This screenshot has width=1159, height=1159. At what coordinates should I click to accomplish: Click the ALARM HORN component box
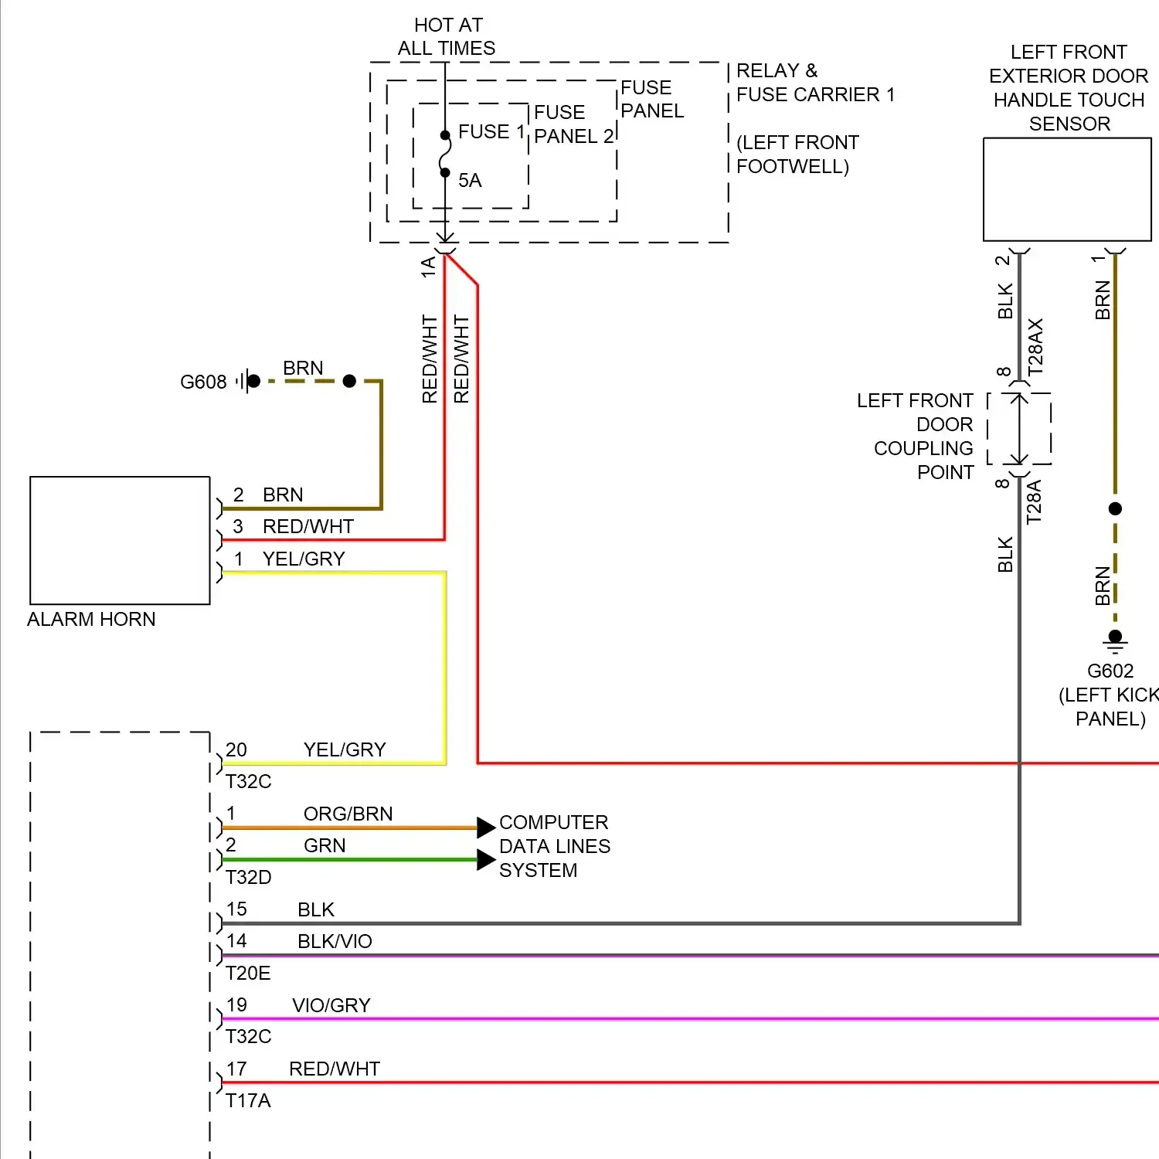[x=120, y=540]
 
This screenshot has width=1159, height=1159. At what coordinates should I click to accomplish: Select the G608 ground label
[x=203, y=382]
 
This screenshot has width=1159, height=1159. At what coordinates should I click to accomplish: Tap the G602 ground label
[x=1110, y=671]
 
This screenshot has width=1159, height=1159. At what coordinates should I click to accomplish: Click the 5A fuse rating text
[x=470, y=181]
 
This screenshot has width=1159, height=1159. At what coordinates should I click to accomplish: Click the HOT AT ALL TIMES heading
[x=447, y=37]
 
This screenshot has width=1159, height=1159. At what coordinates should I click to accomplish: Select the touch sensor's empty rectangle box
[x=1067, y=189]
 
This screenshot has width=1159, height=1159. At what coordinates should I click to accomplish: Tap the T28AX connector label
[x=1035, y=347]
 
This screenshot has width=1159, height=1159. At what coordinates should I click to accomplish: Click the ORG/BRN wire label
[x=348, y=814]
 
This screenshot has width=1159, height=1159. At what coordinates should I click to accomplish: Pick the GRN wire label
[x=325, y=846]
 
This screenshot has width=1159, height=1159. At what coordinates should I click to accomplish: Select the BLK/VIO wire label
[x=335, y=941]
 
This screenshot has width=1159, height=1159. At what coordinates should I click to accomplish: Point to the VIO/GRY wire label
[x=331, y=1005]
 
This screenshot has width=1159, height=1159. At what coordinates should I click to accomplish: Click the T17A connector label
[x=248, y=1101]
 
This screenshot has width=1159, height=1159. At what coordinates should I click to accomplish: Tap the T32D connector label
[x=248, y=878]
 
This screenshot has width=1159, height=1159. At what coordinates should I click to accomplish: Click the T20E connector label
[x=248, y=974]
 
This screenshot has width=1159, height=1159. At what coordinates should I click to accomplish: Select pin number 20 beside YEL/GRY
[x=236, y=749]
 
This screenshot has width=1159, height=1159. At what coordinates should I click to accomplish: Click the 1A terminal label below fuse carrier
[x=428, y=267]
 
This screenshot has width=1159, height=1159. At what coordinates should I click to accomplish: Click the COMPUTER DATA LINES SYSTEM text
[x=554, y=846]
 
